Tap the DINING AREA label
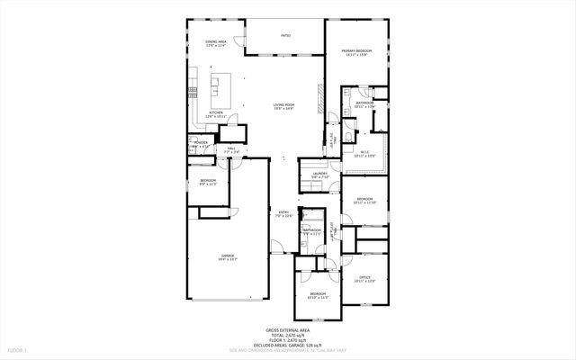point(215,44)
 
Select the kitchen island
point(216,88)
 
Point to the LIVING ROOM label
point(284,107)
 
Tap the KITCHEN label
point(215,114)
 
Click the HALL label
point(231,149)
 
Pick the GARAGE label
point(228,257)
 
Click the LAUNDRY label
point(319,175)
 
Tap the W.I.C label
point(364,154)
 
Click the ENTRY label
point(283,214)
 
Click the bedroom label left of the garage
point(208,183)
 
